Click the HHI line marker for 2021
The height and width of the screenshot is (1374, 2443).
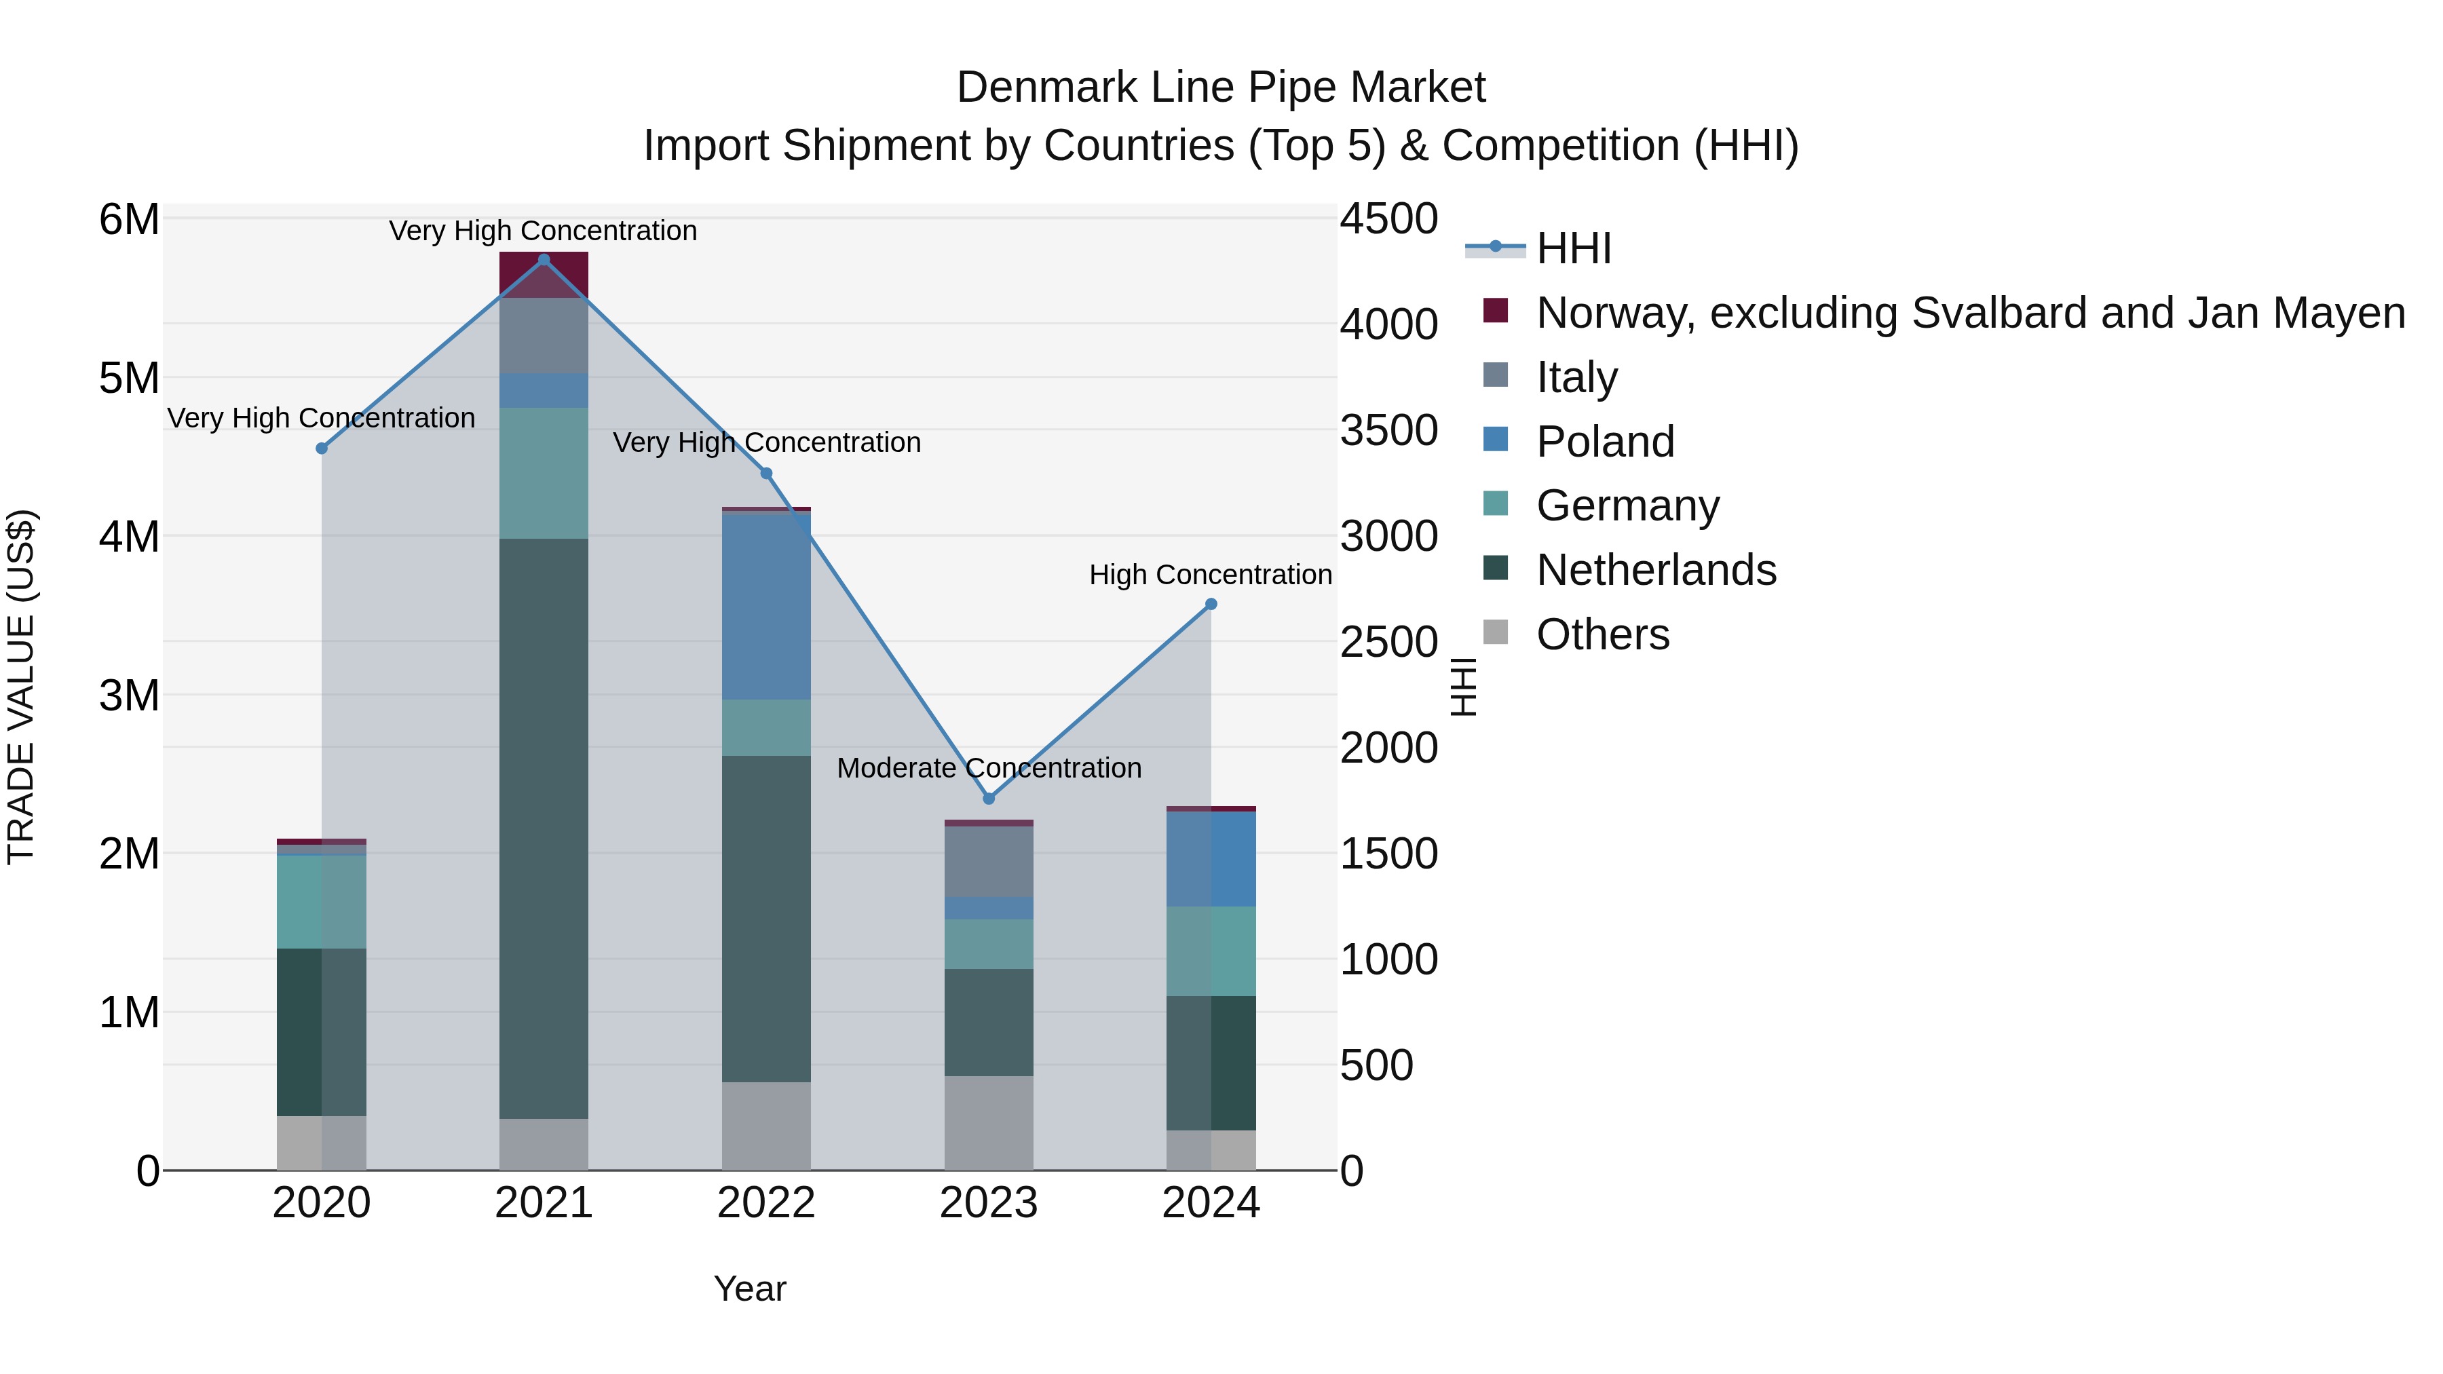point(544,260)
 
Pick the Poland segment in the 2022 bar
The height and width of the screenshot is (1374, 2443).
point(766,606)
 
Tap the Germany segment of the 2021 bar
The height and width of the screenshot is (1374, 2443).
point(544,472)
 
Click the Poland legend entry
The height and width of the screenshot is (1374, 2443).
point(1605,442)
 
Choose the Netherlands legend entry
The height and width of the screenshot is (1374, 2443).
point(1656,570)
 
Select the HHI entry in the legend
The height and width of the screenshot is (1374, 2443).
point(1573,248)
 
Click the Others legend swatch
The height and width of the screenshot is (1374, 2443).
point(1496,632)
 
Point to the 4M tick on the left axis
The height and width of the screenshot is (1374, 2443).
point(129,537)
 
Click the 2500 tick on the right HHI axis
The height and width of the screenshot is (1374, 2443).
point(1388,642)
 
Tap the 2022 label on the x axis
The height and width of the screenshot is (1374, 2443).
point(766,1203)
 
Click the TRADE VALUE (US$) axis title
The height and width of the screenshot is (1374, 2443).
point(21,687)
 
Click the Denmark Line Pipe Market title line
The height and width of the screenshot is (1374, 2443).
point(1221,88)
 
